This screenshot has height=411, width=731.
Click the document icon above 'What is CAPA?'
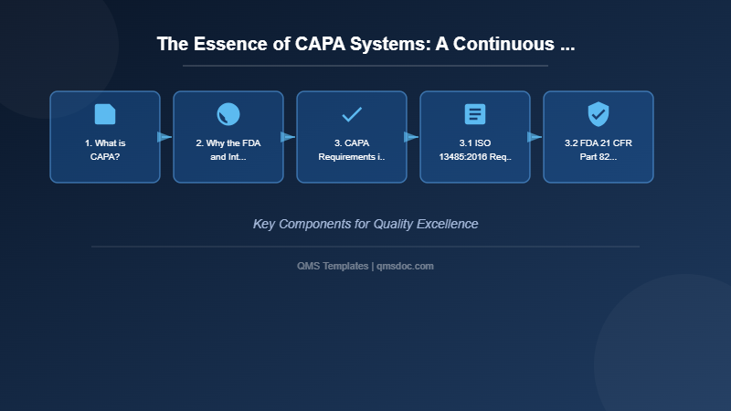point(105,114)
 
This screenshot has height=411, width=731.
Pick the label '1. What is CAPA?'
point(105,150)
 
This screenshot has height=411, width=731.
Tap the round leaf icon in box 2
point(228,114)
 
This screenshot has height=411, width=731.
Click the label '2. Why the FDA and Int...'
point(228,150)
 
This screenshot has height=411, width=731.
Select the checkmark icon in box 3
point(352,114)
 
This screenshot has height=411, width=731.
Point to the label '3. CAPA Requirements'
point(352,150)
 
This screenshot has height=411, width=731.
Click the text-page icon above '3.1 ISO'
point(475,114)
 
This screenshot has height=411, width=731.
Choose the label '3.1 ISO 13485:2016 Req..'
point(475,150)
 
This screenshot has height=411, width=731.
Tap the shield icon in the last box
point(599,114)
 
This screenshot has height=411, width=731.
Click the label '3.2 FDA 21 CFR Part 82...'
point(599,150)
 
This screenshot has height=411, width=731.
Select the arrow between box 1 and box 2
point(165,137)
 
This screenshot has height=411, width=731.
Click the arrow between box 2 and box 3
point(289,137)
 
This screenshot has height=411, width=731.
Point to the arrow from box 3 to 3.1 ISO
point(412,137)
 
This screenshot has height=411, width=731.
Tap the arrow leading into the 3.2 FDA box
point(535,137)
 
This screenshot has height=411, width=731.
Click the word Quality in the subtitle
point(396,224)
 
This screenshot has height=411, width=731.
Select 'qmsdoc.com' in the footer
point(405,266)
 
